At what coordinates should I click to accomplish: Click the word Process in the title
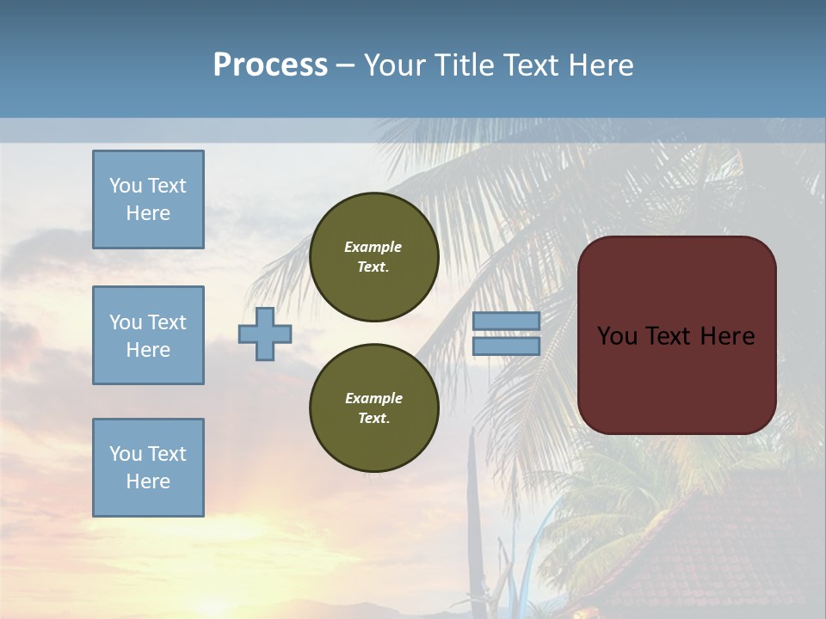(x=270, y=65)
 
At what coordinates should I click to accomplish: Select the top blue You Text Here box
(x=148, y=199)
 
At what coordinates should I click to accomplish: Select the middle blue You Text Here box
(x=148, y=335)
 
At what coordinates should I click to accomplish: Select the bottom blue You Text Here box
(x=148, y=468)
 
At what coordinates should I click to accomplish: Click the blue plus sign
(x=265, y=334)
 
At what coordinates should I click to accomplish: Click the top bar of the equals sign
(x=506, y=321)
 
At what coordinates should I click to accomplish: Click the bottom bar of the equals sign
(x=506, y=346)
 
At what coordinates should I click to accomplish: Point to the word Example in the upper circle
(x=373, y=247)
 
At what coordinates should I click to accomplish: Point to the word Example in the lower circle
(x=373, y=398)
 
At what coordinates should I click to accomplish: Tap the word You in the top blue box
(x=125, y=186)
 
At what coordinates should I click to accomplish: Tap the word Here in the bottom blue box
(x=148, y=481)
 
